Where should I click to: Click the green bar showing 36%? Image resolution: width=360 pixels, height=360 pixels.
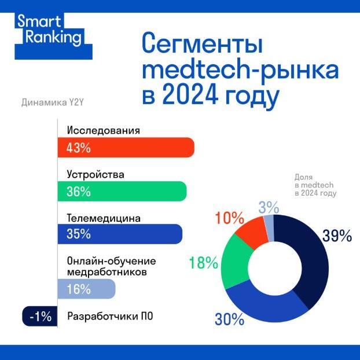[x=122, y=191]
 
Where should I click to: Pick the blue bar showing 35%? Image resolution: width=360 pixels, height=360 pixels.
[x=119, y=234]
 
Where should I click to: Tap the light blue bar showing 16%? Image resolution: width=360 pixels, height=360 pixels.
[x=86, y=288]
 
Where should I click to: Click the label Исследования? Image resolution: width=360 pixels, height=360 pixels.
[x=104, y=130]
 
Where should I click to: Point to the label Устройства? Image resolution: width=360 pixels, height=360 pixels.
[x=95, y=174]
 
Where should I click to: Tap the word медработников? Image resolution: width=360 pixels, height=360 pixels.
[x=103, y=271]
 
